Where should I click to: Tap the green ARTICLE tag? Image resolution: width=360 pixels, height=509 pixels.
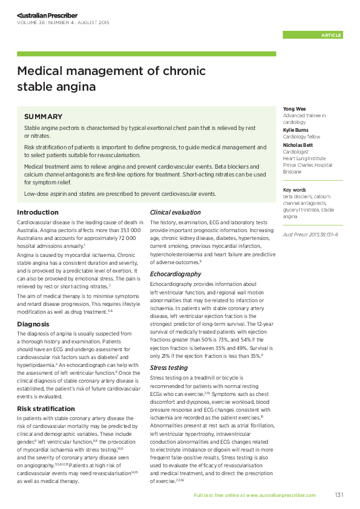pos(331,35)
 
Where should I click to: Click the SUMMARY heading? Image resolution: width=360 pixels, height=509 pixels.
pos(43,116)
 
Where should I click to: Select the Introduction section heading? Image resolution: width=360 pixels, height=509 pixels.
pos(38,212)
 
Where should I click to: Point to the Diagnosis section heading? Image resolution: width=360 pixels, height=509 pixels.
pos(33,324)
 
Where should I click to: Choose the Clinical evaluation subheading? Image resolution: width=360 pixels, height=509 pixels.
pos(175,212)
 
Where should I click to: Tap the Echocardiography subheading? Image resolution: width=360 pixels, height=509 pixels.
pos(175,274)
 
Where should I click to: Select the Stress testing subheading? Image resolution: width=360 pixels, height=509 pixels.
pos(169,367)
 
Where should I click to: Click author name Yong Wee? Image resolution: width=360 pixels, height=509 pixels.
pos(295,109)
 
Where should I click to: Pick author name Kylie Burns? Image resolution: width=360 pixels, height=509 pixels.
pos(296,130)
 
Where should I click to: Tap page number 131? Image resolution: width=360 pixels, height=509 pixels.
pos(339,495)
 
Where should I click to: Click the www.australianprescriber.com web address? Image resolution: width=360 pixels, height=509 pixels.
pos(281,495)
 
